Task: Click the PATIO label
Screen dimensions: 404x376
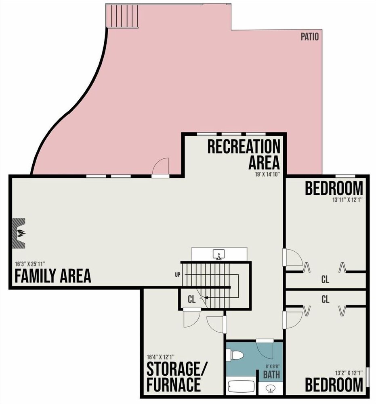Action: tap(310, 37)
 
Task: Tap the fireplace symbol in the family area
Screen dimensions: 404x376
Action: tap(19, 234)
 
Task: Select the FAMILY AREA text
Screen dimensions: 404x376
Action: tap(53, 276)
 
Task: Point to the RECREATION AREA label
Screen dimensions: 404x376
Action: tap(244, 154)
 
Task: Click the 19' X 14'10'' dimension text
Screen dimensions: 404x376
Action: tap(267, 174)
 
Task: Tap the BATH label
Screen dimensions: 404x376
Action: tap(271, 375)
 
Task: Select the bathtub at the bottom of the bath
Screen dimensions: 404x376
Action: tap(241, 387)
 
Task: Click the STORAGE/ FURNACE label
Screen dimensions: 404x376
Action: tap(174, 377)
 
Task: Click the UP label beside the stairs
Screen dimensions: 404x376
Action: tap(177, 275)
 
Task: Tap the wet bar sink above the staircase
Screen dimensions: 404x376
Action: tap(219, 255)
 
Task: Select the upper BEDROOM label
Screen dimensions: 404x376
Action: tap(334, 189)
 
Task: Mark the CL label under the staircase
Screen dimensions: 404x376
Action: tap(191, 299)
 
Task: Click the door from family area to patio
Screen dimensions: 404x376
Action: tap(161, 168)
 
